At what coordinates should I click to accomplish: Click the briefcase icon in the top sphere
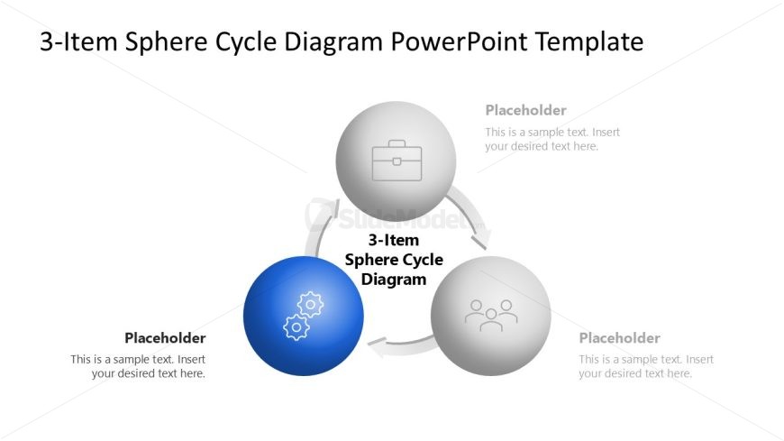pos(397,160)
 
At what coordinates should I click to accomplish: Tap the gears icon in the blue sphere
pos(303,316)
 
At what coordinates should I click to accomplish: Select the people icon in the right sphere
pos(491,315)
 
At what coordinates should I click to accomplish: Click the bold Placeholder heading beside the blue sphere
pos(165,338)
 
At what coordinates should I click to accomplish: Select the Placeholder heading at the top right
pos(525,110)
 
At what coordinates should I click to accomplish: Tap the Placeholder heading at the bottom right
pos(619,338)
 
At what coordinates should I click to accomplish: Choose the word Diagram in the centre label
pos(394,280)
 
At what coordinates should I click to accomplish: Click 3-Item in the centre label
pos(394,240)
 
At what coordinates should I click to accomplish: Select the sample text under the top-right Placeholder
pos(552,139)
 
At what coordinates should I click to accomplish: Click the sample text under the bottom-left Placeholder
pos(138,366)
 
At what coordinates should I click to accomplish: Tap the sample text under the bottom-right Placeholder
pos(646,366)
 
